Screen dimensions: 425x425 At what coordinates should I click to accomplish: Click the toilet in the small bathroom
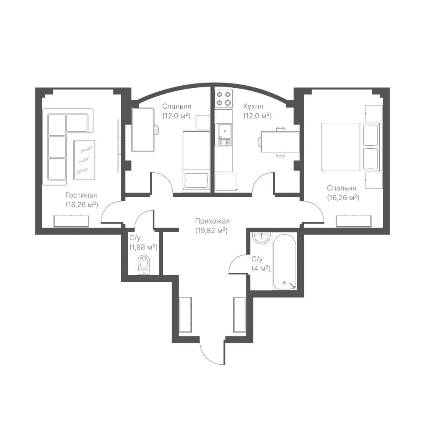(x=144, y=265)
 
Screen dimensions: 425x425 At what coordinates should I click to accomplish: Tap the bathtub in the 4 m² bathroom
(x=285, y=262)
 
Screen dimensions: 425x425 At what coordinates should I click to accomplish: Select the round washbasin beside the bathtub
(x=261, y=238)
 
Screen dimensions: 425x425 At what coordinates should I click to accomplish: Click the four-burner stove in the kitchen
(x=224, y=98)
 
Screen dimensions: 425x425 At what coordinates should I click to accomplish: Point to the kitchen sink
(x=224, y=135)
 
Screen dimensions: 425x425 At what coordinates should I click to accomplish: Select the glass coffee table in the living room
(x=84, y=160)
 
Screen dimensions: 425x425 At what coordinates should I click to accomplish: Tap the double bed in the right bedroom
(x=352, y=147)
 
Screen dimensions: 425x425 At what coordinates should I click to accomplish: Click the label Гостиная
(x=81, y=195)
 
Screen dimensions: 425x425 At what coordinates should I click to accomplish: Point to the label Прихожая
(x=213, y=221)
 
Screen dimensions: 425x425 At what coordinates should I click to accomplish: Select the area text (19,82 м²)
(x=211, y=231)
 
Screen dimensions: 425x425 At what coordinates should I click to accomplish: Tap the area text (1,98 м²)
(x=143, y=247)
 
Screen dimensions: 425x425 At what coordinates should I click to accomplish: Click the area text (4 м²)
(x=261, y=269)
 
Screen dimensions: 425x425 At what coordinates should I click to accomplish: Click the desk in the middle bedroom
(x=143, y=129)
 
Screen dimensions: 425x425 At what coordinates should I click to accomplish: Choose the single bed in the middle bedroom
(x=196, y=161)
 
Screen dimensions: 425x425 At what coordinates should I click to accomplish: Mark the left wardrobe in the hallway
(x=186, y=314)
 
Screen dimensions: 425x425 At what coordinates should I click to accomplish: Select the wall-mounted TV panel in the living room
(x=118, y=146)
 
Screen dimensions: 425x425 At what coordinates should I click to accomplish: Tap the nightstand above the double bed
(x=374, y=113)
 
